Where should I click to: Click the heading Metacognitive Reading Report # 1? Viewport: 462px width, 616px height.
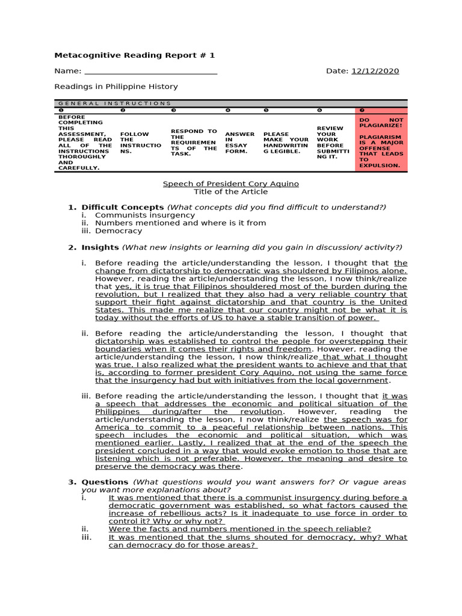(134, 55)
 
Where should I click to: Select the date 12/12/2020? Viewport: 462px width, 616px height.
(375, 71)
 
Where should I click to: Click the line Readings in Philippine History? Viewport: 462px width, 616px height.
(116, 87)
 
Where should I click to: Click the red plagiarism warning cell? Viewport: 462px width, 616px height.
(381, 142)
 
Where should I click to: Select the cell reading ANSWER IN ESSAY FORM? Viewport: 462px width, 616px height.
(239, 142)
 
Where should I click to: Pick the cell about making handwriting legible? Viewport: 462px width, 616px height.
(285, 142)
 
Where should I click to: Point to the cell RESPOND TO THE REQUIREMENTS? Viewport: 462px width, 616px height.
(194, 142)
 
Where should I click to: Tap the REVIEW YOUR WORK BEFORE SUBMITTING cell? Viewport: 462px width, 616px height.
(330, 142)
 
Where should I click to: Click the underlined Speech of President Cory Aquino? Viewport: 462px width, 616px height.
(231, 183)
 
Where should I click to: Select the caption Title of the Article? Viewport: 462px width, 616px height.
(231, 192)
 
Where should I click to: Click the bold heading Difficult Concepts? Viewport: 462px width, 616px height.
(123, 208)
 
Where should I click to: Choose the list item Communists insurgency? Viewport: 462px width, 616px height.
(137, 215)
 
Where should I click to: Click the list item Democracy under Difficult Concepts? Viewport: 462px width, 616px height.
(119, 230)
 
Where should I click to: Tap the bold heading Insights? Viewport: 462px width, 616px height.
(100, 247)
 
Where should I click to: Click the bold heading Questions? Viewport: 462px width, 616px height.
(105, 482)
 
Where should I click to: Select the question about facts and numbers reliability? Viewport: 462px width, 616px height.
(239, 529)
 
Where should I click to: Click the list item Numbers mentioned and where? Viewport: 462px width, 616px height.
(180, 223)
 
